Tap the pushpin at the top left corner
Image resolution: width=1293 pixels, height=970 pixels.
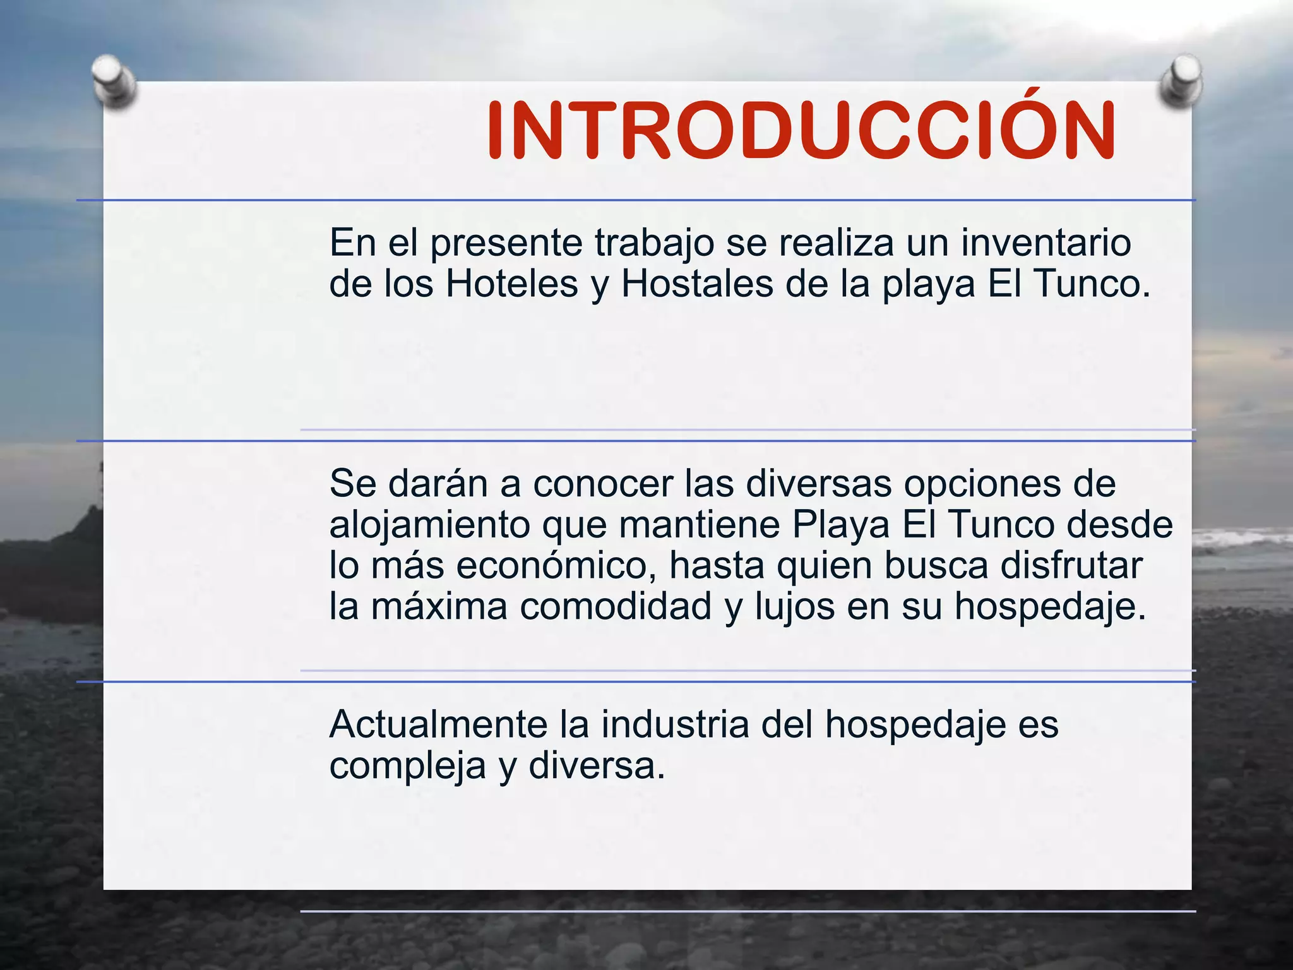(114, 82)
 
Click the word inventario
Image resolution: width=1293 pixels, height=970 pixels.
(1046, 242)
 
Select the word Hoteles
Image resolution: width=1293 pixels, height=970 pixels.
(512, 284)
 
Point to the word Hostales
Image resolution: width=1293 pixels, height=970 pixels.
(698, 284)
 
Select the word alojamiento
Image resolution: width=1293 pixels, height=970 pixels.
(430, 526)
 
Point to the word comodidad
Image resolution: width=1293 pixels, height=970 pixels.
(616, 606)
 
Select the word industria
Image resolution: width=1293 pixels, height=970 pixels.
(675, 724)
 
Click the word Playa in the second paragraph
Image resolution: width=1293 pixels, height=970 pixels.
(842, 526)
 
